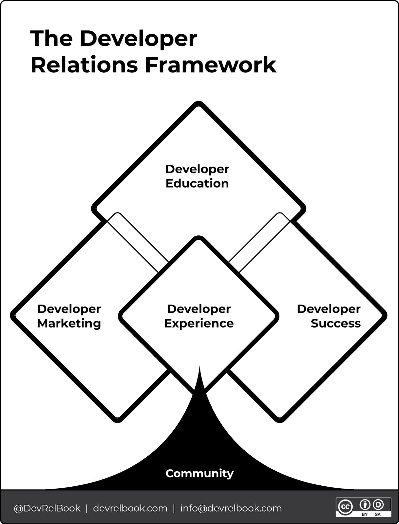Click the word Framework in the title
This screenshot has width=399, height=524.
click(x=211, y=65)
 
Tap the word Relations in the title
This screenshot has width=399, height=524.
click(x=84, y=65)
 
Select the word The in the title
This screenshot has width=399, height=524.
click(x=51, y=38)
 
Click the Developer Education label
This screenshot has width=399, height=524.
click(x=197, y=176)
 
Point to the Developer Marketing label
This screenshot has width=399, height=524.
click(x=69, y=316)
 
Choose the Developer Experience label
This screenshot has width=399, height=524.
click(x=199, y=316)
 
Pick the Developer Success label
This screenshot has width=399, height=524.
click(x=329, y=316)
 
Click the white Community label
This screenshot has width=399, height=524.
click(x=199, y=473)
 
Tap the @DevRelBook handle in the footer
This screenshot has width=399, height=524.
click(x=47, y=508)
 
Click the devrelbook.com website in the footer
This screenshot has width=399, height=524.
click(x=130, y=508)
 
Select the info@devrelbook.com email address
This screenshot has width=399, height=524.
click(x=231, y=508)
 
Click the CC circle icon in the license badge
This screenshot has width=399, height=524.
click(x=345, y=507)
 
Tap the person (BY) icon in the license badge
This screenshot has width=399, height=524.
click(x=365, y=505)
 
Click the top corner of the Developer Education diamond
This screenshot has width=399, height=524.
click(x=199, y=103)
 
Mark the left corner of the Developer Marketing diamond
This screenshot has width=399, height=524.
click(x=12, y=315)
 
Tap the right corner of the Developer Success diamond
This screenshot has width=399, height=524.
click(x=385, y=315)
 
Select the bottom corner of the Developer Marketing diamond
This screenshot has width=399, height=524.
click(x=118, y=421)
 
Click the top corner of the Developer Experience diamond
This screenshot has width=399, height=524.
click(x=199, y=238)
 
